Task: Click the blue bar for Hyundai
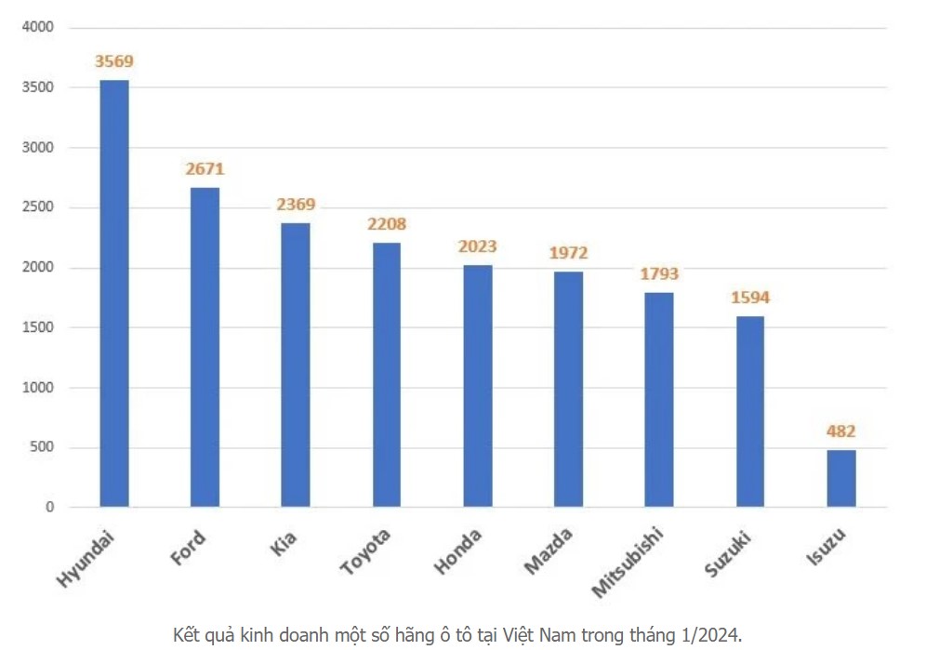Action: click(x=114, y=293)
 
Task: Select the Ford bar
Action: click(x=205, y=347)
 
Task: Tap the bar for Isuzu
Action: click(x=841, y=478)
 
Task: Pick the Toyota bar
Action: click(x=387, y=375)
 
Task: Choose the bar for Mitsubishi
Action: click(x=659, y=400)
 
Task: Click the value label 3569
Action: click(x=114, y=62)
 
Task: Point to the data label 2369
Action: click(x=296, y=205)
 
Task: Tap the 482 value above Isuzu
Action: click(x=840, y=431)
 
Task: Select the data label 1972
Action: click(x=568, y=253)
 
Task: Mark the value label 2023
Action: click(x=478, y=246)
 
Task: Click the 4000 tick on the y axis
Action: click(x=38, y=28)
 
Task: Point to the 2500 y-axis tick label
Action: click(x=38, y=208)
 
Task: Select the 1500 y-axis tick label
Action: click(x=38, y=327)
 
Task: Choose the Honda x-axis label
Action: click(x=458, y=551)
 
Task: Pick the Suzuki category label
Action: click(x=727, y=554)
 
